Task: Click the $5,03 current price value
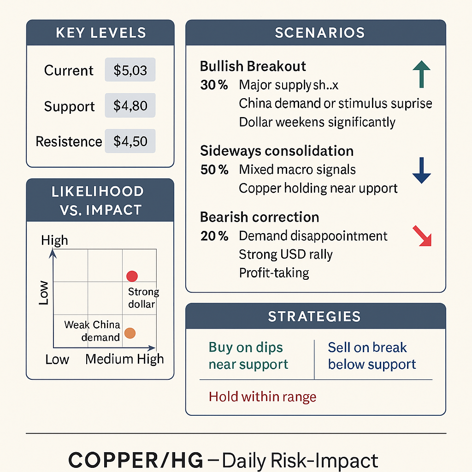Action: pos(130,71)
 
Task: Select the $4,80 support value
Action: pos(130,106)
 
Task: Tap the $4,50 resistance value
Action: pos(130,142)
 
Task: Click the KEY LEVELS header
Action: pos(100,33)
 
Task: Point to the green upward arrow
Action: pos(421,75)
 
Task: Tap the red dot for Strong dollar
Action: pos(132,276)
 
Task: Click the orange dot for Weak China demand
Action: pos(130,333)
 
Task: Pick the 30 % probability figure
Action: pos(214,85)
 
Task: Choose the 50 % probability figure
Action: pos(214,170)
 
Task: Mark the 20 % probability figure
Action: pos(214,236)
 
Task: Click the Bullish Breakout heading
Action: pos(253,66)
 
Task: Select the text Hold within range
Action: pos(262,396)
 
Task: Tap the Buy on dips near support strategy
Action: pos(248,356)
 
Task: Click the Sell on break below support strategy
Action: pos(372,356)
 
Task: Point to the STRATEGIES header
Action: pos(315,317)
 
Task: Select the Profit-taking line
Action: pos(274,273)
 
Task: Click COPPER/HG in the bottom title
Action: pos(136,460)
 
